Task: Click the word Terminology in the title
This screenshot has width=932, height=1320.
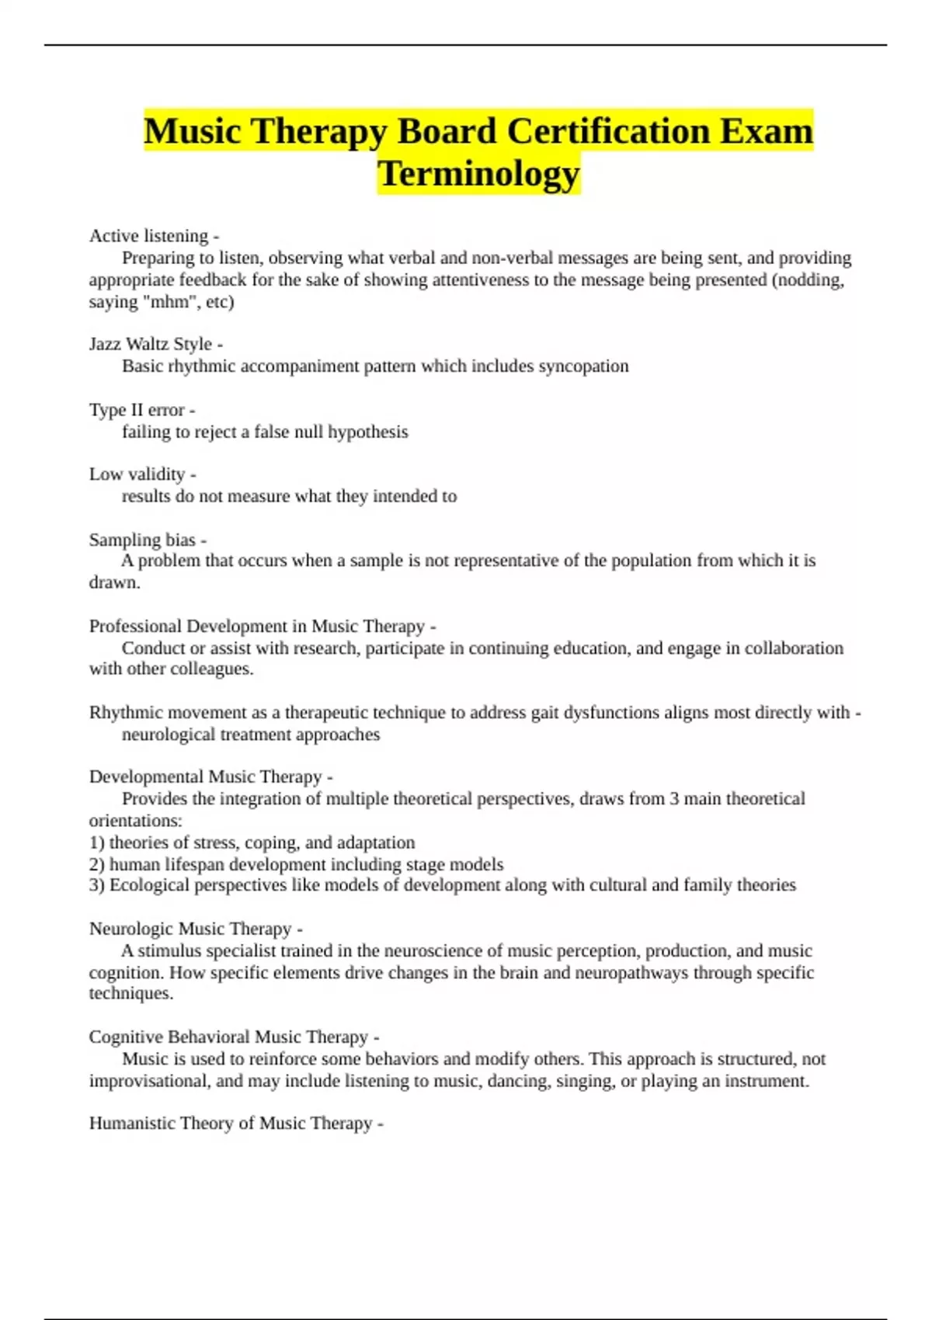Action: point(478,174)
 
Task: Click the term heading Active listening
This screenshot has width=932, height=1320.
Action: point(149,236)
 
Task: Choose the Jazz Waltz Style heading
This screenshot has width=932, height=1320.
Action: point(151,344)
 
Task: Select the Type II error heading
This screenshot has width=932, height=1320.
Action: point(137,410)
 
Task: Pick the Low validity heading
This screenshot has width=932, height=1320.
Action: point(137,474)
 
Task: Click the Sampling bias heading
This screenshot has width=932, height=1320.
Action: point(142,540)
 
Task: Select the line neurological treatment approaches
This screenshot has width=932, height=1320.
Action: point(251,735)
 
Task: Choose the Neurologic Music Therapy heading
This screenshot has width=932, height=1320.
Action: point(190,929)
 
